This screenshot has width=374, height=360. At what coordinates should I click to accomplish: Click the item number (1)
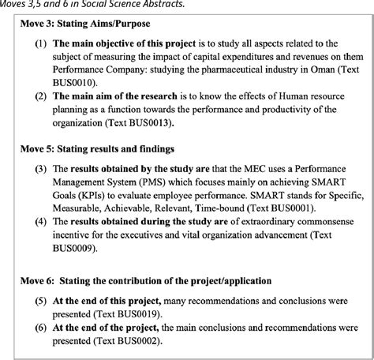coord(40,43)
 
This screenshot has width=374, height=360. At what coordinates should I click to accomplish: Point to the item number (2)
coord(40,96)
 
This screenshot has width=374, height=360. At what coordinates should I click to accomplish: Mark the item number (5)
coord(40,301)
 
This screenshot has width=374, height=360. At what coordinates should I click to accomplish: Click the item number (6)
coord(40,328)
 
